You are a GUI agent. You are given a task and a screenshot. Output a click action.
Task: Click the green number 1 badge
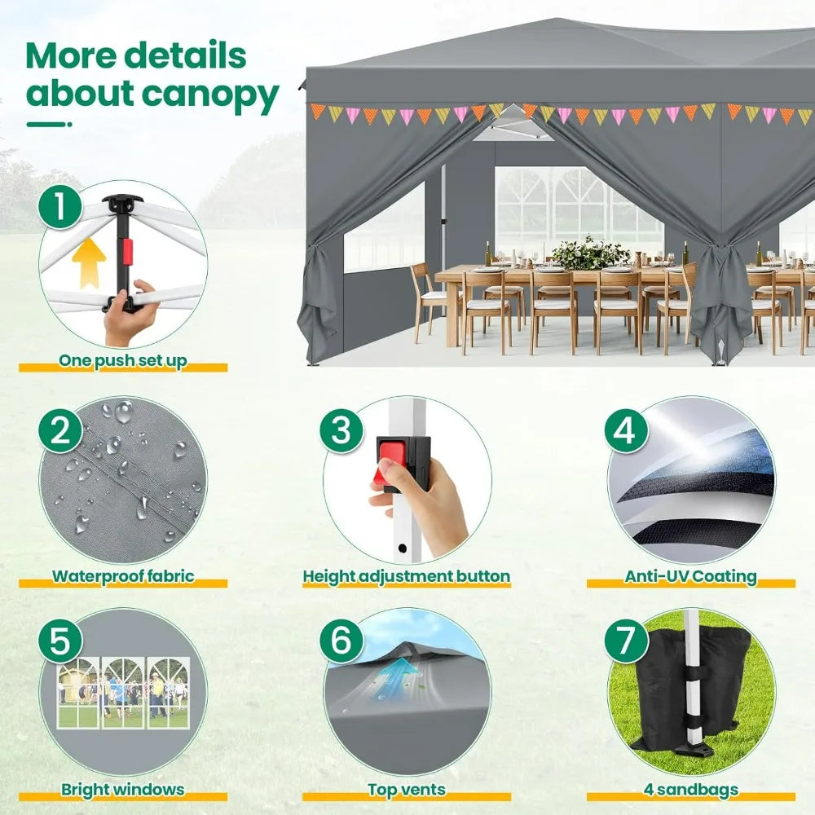[59, 208]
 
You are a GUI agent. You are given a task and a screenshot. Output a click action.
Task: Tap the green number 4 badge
[625, 430]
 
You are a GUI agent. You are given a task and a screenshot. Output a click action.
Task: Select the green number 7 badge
[626, 642]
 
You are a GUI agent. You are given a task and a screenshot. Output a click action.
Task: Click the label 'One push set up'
[122, 360]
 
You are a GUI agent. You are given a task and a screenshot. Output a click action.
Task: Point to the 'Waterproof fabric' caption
[123, 576]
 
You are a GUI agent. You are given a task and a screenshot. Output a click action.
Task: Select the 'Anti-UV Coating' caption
[691, 576]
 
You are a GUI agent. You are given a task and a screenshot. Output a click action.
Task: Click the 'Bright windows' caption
[122, 789]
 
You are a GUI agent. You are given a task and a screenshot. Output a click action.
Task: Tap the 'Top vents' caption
[407, 789]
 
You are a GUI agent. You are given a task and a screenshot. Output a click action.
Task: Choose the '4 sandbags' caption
[690, 789]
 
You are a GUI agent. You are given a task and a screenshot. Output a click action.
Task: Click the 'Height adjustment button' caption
[407, 576]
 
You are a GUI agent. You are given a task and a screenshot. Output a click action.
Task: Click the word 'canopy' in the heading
[210, 95]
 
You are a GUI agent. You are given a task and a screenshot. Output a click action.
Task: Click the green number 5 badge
[59, 642]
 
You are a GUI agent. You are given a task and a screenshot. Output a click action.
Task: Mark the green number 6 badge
[341, 642]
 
